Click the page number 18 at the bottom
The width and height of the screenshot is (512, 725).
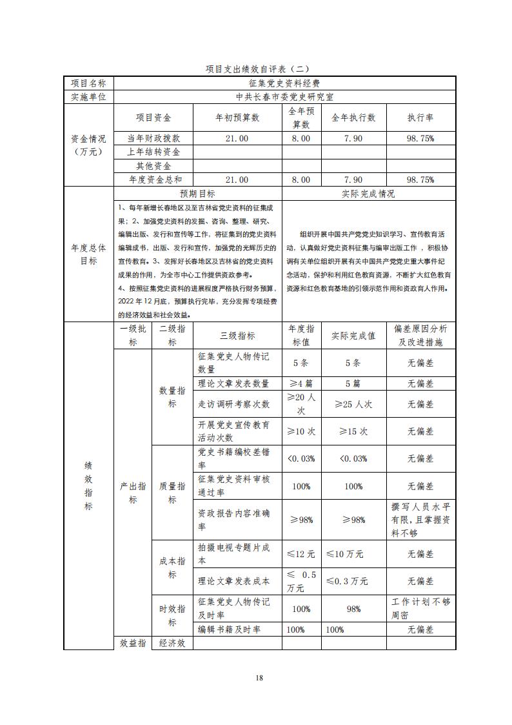259,677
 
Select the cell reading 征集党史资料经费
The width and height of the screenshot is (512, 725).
284,83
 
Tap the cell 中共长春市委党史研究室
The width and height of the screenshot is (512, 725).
284,97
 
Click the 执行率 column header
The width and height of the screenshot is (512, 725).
420,117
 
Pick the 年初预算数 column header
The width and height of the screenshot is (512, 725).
237,117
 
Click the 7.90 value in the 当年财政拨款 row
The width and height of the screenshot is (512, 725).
353,138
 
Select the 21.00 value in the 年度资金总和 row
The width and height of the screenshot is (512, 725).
237,179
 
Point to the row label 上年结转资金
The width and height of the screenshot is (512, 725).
153,152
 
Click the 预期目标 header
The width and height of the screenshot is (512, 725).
198,194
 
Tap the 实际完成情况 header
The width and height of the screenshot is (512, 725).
368,194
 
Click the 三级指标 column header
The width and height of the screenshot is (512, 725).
237,336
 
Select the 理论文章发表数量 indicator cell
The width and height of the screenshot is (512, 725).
233,383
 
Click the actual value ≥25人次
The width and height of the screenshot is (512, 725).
353,404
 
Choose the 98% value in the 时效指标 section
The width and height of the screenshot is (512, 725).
353,609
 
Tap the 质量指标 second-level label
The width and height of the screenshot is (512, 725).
172,493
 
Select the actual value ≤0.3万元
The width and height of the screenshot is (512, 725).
348,581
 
